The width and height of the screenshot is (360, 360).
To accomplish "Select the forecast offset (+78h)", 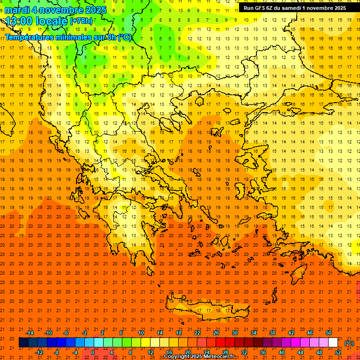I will click(81, 21).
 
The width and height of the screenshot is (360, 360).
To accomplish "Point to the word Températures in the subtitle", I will click(30, 37).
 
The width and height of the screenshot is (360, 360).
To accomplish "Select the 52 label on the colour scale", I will click(338, 352).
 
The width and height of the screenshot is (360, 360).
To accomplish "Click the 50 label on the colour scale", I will click(329, 333).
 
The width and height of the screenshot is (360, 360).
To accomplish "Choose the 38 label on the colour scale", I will click(272, 333).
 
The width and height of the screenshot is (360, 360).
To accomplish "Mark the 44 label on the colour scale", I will click(300, 352).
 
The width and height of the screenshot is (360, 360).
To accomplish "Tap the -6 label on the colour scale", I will click(66, 333).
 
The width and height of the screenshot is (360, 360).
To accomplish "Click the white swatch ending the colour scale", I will click(333, 343).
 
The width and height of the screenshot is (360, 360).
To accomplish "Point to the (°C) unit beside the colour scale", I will click(349, 343).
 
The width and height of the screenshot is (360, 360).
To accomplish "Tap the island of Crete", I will click(206, 312).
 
